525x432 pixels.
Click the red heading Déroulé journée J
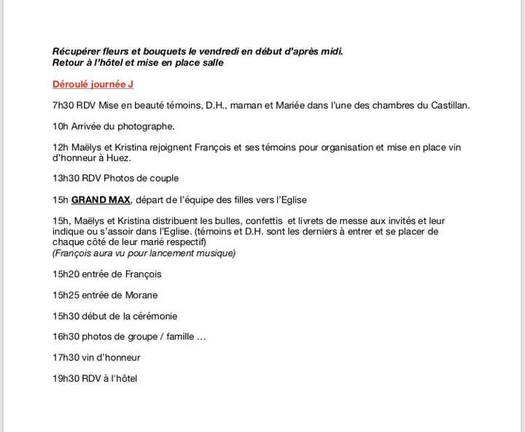pos(93,85)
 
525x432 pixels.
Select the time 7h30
pos(63,105)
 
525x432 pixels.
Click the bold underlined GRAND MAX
pos(101,199)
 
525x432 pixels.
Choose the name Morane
pos(140,296)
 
